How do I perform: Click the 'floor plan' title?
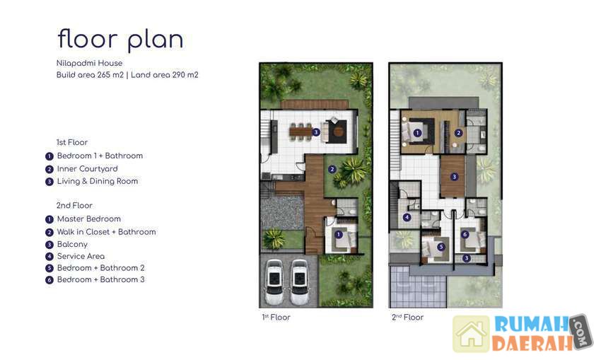[x=120, y=40]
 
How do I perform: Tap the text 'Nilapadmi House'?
[x=89, y=63]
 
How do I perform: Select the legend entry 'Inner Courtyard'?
[x=88, y=169]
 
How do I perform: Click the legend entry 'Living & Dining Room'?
[x=98, y=181]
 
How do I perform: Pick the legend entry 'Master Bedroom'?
[x=89, y=219]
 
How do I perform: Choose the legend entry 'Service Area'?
[x=81, y=256]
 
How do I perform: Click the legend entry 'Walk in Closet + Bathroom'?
[x=107, y=232]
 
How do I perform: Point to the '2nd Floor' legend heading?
[x=74, y=206]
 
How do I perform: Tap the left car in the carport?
[x=274, y=281]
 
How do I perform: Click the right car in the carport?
[x=299, y=281]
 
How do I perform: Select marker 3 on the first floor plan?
[x=316, y=132]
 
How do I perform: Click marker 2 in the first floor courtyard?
[x=332, y=169]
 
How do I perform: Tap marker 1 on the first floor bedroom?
[x=339, y=234]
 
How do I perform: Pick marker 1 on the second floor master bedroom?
[x=417, y=133]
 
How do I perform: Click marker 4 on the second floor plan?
[x=407, y=217]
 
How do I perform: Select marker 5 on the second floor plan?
[x=441, y=247]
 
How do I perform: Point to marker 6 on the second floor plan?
[x=465, y=234]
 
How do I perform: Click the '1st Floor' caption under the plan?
[x=276, y=317]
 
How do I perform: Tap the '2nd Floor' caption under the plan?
[x=407, y=317]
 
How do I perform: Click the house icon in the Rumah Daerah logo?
[x=472, y=334]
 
